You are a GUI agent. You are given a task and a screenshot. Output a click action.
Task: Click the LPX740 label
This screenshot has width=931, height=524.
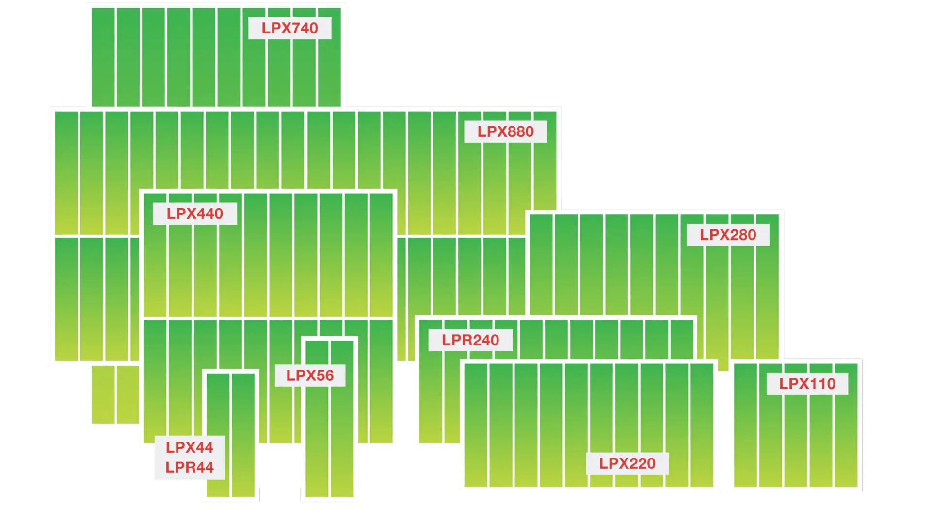(290, 28)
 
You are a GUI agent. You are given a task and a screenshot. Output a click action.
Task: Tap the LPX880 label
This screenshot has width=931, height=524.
(506, 131)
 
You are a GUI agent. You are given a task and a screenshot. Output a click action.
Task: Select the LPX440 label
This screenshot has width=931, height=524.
(195, 213)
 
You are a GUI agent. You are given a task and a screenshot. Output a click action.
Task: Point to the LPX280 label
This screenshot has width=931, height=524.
(728, 235)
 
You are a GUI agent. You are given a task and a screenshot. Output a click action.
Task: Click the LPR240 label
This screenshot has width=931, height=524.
(470, 340)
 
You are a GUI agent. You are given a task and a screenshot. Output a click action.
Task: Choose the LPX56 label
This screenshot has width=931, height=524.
(310, 376)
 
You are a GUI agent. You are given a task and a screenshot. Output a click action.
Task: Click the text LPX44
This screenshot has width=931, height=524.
(190, 447)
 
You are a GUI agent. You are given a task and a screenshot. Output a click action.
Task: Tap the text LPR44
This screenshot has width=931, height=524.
(190, 467)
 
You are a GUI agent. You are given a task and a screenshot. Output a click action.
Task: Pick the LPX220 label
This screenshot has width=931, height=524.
(627, 463)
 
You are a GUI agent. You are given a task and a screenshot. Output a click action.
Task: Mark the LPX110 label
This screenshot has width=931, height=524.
(807, 384)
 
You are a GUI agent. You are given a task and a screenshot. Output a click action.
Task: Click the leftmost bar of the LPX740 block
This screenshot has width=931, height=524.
(103, 57)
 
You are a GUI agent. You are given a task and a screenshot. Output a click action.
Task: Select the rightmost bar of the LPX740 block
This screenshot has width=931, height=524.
(329, 57)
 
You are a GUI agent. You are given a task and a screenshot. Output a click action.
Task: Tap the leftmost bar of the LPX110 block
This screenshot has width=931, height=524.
(746, 425)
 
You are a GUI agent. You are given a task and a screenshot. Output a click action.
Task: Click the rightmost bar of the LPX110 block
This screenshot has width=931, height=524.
(846, 425)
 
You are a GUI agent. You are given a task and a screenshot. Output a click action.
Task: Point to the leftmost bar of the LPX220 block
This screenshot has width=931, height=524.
(476, 425)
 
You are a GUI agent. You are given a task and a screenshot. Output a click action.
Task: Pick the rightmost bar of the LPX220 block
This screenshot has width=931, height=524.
(702, 425)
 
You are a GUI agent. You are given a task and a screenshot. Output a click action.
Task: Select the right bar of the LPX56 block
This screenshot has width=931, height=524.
(342, 419)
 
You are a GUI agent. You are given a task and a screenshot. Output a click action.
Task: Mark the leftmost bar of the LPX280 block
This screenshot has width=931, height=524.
(541, 265)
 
